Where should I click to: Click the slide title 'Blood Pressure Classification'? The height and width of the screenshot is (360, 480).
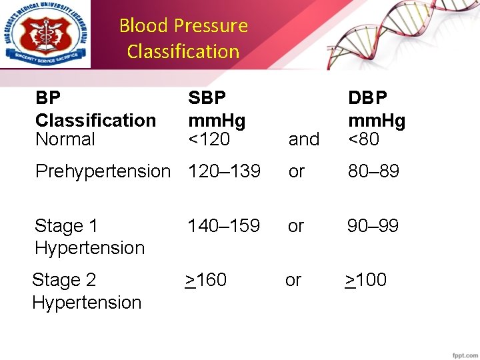click(183, 39)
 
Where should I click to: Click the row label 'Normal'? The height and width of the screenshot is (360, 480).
click(65, 139)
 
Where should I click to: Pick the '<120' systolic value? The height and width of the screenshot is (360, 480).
click(209, 139)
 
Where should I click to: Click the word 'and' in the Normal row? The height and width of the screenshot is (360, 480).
click(304, 140)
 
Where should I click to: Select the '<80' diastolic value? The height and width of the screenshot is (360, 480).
click(364, 139)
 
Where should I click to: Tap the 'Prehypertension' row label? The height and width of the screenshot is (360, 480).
click(103, 171)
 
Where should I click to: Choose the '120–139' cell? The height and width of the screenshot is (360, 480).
click(224, 171)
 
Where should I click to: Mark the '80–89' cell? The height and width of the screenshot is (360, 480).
click(373, 171)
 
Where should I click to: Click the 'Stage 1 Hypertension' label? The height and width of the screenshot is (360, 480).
click(89, 237)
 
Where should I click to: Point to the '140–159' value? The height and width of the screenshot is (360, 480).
click(224, 226)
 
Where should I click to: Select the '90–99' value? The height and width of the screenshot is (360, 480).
click(373, 226)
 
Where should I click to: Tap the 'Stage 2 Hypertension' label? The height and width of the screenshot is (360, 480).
click(87, 291)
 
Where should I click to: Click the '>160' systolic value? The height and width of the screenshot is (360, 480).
click(206, 280)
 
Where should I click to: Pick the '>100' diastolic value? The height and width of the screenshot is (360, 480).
click(365, 280)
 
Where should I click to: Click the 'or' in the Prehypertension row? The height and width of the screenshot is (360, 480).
click(296, 171)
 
